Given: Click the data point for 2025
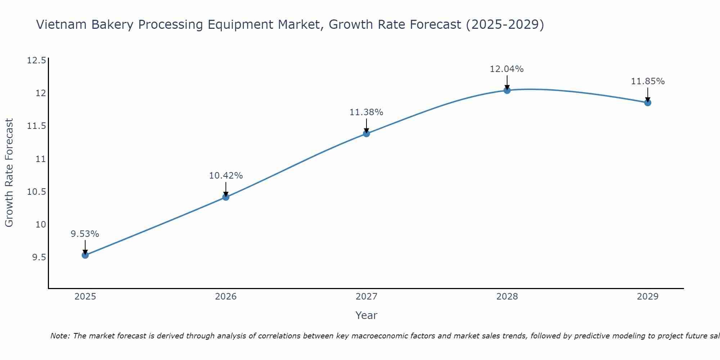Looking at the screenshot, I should (x=85, y=255).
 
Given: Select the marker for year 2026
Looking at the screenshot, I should (x=226, y=197).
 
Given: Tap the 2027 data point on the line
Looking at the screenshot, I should (x=366, y=134).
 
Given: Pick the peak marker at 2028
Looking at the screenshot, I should (x=507, y=90).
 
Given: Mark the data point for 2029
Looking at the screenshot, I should (x=648, y=103).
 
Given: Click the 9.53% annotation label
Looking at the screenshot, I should (x=85, y=234).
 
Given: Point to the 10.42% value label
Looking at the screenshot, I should (x=226, y=176).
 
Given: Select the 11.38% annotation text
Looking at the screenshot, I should (x=366, y=112).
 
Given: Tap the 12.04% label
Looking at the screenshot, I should (x=507, y=69).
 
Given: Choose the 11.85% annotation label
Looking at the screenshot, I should (x=648, y=81).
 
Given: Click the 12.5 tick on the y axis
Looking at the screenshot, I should (x=36, y=60).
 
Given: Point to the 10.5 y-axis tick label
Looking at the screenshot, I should (x=36, y=192).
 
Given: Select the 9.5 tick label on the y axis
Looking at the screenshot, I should (x=39, y=257).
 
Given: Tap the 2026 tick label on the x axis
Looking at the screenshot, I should (x=226, y=297).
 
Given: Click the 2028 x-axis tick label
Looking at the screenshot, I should (x=507, y=297).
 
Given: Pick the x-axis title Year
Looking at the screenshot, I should (x=366, y=315).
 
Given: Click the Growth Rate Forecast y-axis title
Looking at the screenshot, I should (x=9, y=173).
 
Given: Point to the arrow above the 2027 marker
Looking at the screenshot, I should (x=366, y=126).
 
